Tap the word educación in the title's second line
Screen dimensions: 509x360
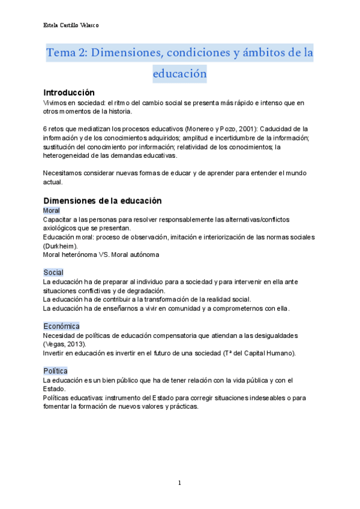click(x=180, y=74)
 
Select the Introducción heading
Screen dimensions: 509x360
click(x=69, y=92)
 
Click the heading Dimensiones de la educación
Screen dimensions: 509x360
click(x=103, y=200)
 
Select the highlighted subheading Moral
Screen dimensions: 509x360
click(x=52, y=211)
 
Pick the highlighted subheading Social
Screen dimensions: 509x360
click(x=53, y=273)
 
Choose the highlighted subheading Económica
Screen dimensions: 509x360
click(x=61, y=326)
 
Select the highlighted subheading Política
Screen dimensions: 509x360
click(x=55, y=371)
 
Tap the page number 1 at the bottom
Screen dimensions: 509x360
click(x=179, y=483)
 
